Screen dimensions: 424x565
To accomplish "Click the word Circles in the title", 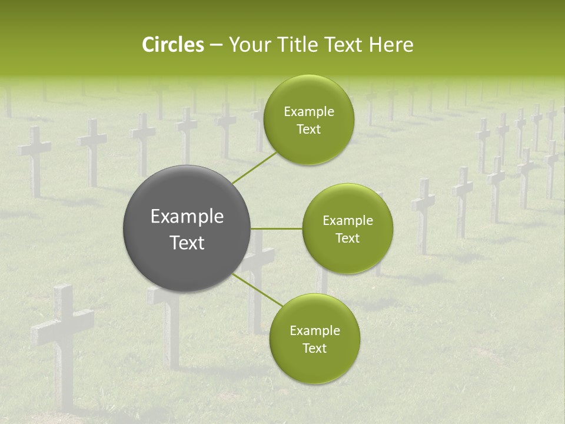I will coord(173,45).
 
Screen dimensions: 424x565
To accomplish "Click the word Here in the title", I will coord(392,45).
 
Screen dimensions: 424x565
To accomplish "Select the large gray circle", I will coord(187,228).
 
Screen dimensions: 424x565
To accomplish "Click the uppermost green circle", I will coord(308,120).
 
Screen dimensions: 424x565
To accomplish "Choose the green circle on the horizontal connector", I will coord(347,228).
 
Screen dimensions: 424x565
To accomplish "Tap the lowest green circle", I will coord(314,339).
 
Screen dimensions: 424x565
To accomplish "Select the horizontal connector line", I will coord(277,228).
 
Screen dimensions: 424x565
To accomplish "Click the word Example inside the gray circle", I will coord(187,217).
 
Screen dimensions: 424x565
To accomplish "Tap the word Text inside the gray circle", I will coord(187,243).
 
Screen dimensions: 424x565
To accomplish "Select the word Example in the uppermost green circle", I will coord(308,112).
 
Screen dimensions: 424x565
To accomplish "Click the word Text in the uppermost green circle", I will coord(308,130).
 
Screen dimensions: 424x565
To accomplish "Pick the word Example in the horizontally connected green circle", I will coord(347,221).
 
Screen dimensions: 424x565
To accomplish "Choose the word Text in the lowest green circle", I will coord(314,348).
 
